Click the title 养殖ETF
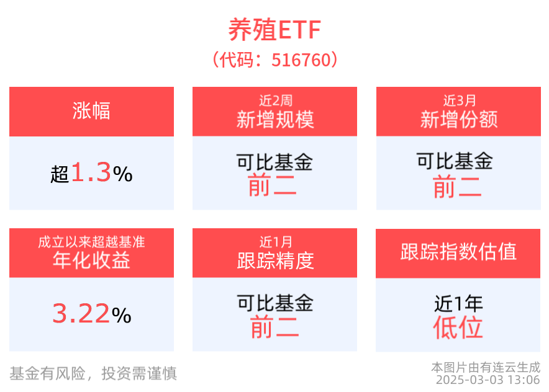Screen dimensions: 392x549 coord(274,30)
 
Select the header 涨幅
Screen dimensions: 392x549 coord(91,111)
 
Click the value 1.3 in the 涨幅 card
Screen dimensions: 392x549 coord(91,173)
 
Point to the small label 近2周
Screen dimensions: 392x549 coord(274,99)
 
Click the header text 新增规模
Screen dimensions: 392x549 coord(274,119)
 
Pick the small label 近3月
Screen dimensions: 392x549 coord(458,99)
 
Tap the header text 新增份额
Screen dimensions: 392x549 coord(458,119)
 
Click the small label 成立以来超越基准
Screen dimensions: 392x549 coord(91,241)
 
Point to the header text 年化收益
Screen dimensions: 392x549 coord(91,261)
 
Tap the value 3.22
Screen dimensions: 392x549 coord(81,314)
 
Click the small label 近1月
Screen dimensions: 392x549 coord(274,241)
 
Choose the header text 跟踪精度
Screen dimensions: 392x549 coord(274,261)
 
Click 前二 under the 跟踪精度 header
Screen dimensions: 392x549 coord(274,327)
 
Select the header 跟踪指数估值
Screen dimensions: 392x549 coord(458,252)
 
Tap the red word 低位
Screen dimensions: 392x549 coord(458,327)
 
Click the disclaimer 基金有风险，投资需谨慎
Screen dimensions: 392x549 coord(93,373)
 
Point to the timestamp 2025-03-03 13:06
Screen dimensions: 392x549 coord(488,380)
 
